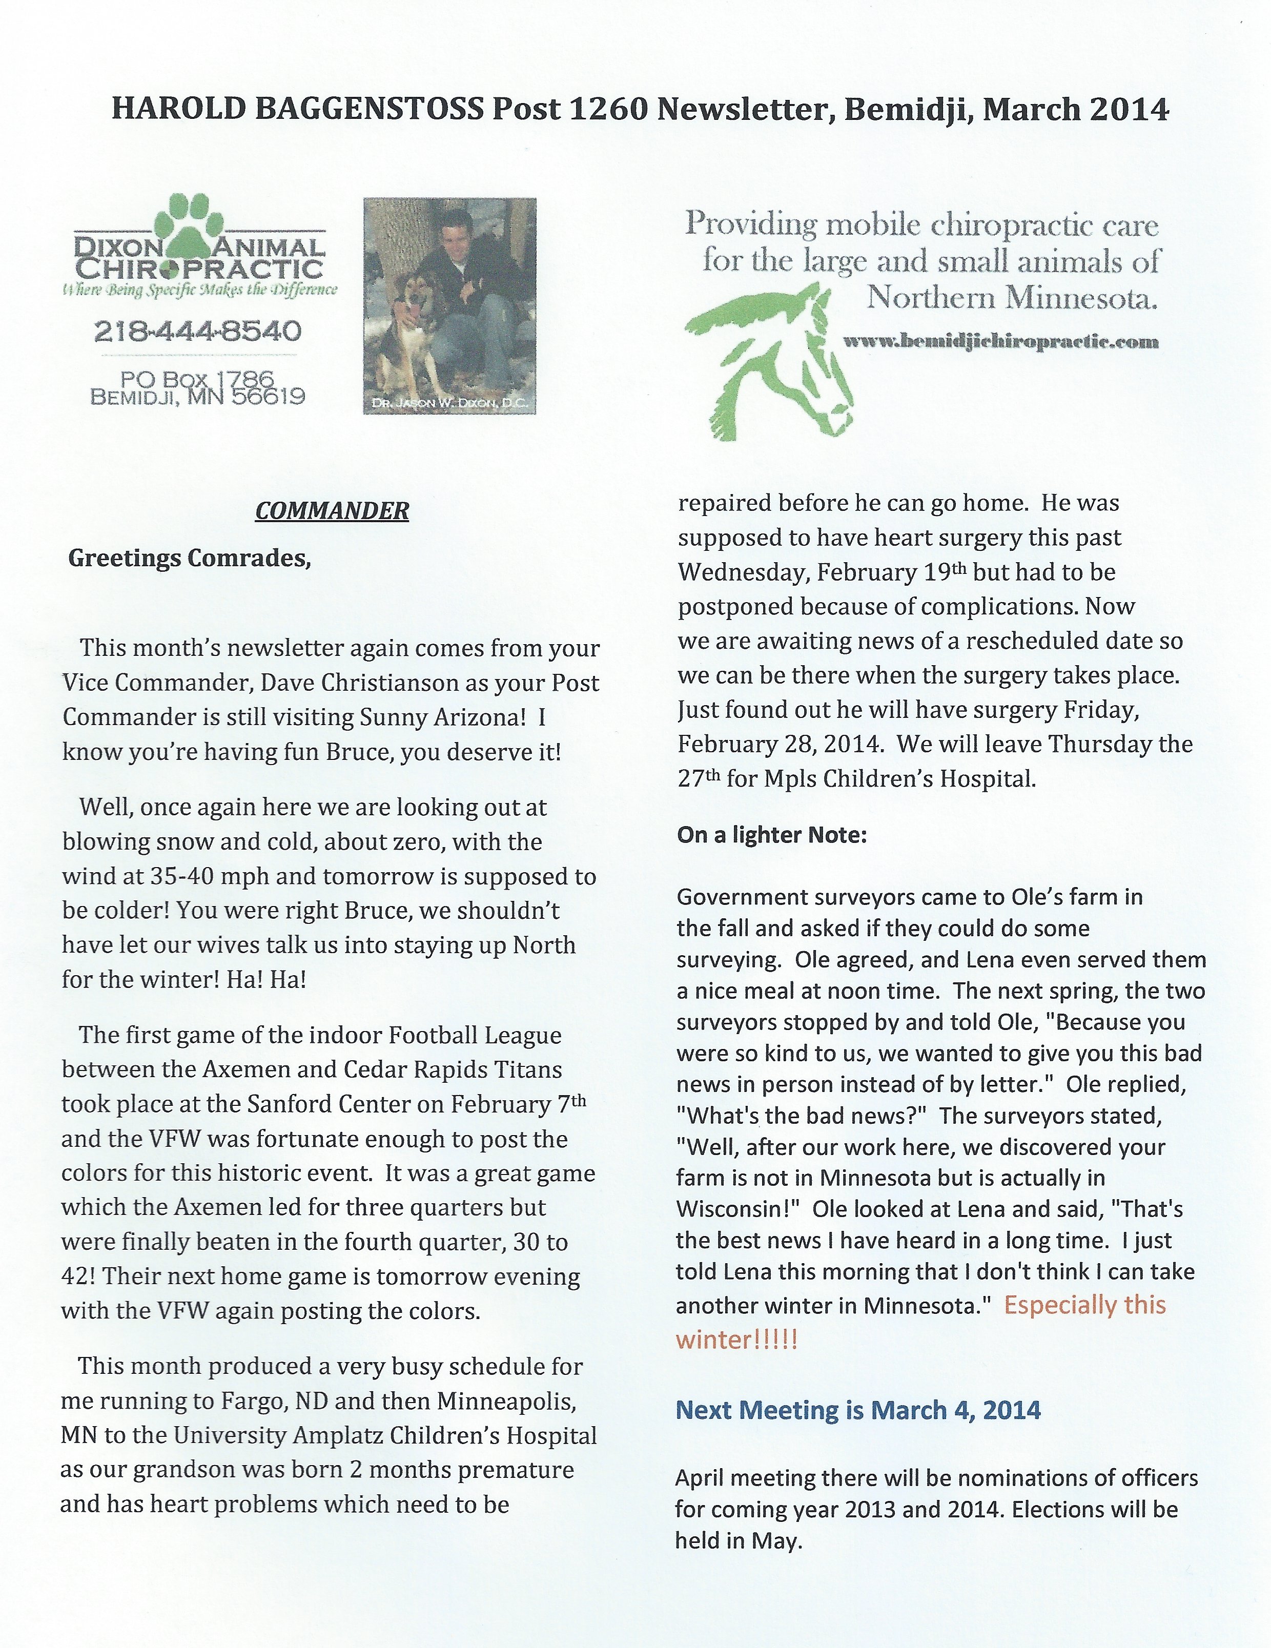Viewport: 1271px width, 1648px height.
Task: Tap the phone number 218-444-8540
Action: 198,331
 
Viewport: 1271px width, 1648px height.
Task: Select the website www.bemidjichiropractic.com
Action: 1000,342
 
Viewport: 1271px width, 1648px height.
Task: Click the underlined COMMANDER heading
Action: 332,511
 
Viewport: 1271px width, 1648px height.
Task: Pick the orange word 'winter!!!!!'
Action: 736,1340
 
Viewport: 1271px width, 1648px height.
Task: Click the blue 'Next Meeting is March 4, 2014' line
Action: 857,1410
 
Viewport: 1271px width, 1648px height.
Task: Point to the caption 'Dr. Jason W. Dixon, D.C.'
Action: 450,405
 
